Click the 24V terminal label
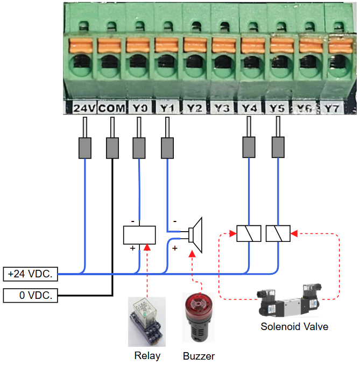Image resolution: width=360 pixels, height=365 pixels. [84, 109]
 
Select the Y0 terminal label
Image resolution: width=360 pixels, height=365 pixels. [139, 109]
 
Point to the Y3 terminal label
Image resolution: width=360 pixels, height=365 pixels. [221, 109]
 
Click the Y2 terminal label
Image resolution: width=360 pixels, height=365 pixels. [194, 109]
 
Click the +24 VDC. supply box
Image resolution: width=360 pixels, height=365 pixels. [30, 274]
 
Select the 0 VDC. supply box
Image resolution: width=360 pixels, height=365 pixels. [30, 296]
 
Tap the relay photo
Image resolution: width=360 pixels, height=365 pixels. [147, 321]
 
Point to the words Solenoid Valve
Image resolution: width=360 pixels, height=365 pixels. [294, 326]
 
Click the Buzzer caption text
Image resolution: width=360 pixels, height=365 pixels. [199, 356]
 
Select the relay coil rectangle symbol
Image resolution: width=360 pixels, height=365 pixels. [139, 235]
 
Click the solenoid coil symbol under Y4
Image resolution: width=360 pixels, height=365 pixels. [249, 234]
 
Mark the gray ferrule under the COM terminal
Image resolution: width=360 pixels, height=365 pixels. [112, 148]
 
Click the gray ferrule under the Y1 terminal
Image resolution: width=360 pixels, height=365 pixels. [168, 148]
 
